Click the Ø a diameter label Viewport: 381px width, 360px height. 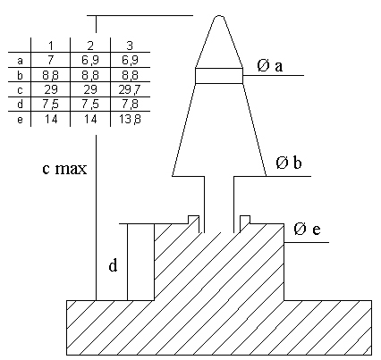(269, 66)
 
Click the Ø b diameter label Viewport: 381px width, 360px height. (289, 163)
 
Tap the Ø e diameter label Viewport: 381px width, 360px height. (307, 229)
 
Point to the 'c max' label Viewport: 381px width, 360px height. (64, 169)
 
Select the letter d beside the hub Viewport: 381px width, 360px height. (113, 265)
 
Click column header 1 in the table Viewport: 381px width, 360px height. (51, 46)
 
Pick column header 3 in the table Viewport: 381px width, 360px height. (130, 46)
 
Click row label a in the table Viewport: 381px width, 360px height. (20, 61)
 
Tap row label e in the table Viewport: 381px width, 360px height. (20, 120)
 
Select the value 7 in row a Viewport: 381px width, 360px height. (51, 60)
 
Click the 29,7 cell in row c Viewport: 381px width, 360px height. (130, 89)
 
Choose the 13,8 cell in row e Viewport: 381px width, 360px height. (130, 120)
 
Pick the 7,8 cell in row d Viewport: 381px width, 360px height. (130, 105)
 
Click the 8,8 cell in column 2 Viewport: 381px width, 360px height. (90, 75)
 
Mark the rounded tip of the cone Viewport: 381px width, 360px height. (219, 16)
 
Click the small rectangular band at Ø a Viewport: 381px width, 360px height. (219, 76)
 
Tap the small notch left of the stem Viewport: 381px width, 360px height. (193, 220)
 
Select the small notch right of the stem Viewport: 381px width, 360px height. (245, 220)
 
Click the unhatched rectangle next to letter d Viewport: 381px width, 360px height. (140, 262)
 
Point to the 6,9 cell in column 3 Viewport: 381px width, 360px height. (130, 60)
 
